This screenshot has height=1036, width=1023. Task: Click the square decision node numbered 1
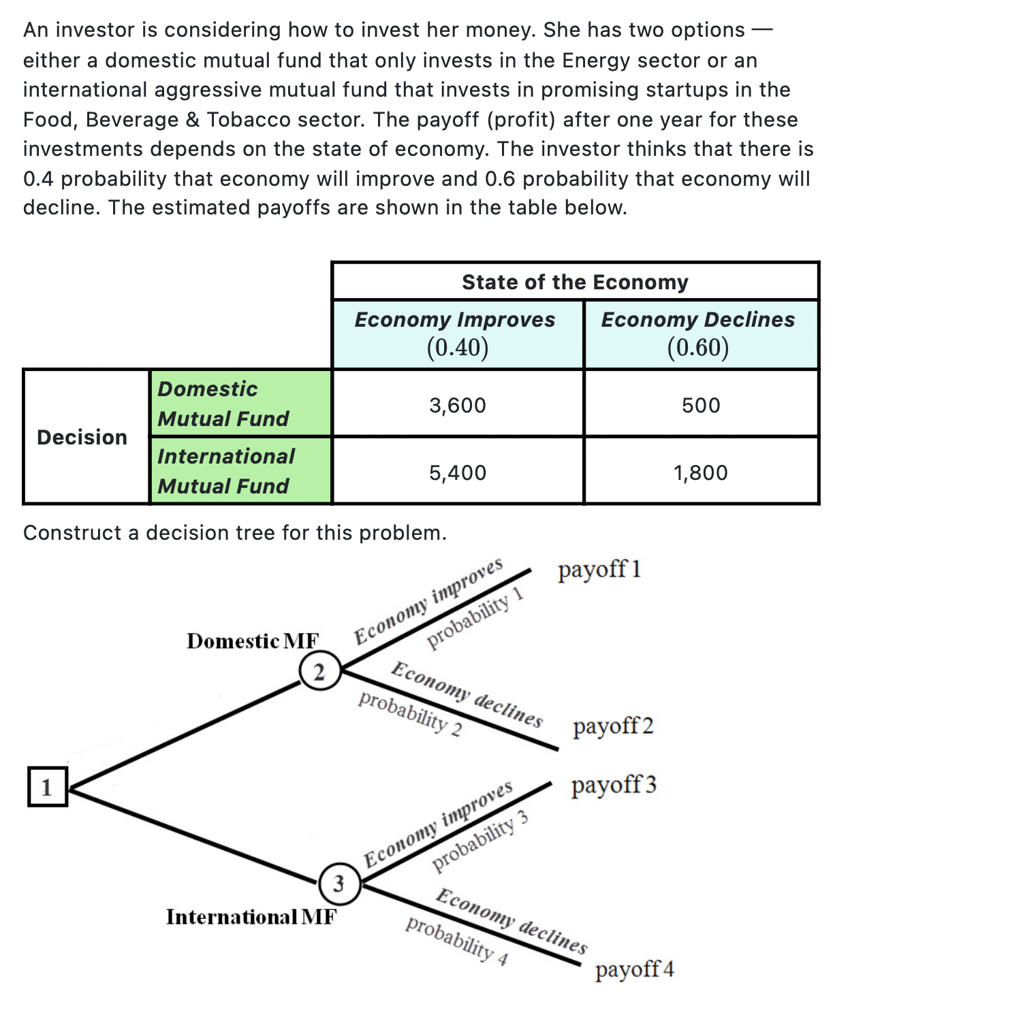tap(47, 787)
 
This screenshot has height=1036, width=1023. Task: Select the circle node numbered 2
tap(319, 672)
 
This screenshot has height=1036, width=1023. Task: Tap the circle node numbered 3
tap(339, 884)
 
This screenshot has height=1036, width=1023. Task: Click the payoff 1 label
tap(599, 569)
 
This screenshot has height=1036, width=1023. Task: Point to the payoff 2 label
tap(613, 726)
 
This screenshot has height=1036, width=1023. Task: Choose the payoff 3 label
tap(614, 785)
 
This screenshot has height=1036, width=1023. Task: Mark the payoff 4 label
tap(634, 969)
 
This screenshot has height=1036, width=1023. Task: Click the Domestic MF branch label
tap(253, 641)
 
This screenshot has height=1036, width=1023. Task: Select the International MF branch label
tap(251, 917)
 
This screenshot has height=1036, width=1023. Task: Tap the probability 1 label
tap(475, 617)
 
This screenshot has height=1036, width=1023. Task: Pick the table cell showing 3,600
tap(458, 406)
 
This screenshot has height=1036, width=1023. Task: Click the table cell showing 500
tap(701, 406)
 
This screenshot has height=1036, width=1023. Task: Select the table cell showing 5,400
tap(458, 472)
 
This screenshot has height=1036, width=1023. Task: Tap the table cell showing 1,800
tap(701, 472)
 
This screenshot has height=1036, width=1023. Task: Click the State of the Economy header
tap(575, 282)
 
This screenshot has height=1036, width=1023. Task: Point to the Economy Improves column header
tap(456, 333)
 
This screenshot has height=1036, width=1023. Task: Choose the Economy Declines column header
tap(698, 333)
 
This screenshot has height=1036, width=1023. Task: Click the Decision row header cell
tap(82, 437)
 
